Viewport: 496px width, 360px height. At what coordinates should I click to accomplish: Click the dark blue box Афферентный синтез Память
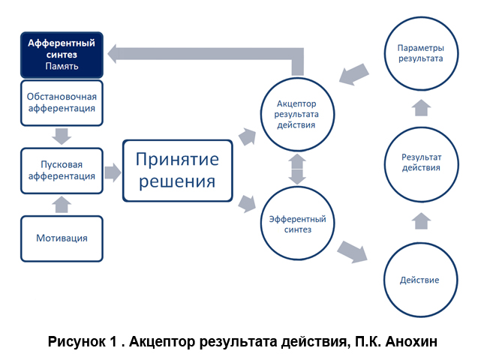62,55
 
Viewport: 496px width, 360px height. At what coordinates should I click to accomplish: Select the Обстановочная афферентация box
62,103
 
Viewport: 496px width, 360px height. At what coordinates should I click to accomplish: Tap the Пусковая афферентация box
62,171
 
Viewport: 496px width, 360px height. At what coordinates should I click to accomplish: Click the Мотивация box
62,238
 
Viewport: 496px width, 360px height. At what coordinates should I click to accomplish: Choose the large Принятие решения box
177,171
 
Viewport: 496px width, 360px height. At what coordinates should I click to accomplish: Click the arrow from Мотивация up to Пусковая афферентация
62,205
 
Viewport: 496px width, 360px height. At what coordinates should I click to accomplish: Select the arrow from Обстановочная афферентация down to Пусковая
62,136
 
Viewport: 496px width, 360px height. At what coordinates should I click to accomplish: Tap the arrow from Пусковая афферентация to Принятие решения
113,172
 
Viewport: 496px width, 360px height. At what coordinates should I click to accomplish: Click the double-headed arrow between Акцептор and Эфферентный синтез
297,169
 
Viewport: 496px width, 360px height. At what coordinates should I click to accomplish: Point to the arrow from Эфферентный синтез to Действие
353,252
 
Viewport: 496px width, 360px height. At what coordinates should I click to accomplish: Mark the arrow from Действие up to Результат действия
422,221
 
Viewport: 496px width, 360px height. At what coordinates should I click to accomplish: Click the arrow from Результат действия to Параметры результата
422,108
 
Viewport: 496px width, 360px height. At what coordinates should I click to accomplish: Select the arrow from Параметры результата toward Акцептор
354,74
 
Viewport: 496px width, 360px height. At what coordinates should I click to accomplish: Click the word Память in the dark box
62,66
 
